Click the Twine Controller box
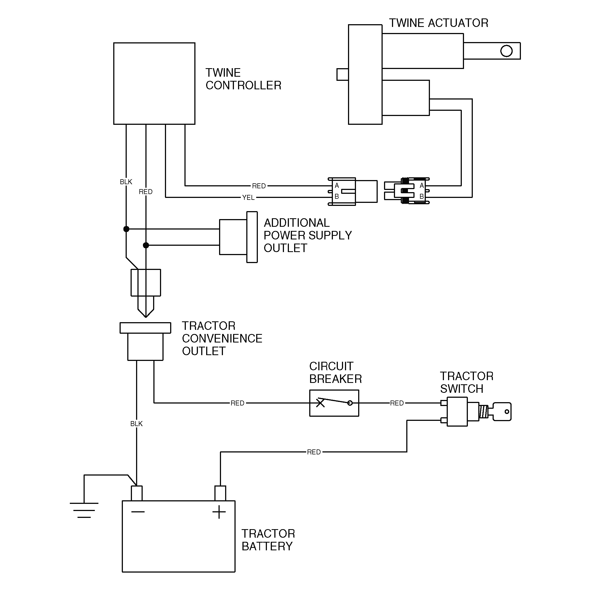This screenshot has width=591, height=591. coord(154,83)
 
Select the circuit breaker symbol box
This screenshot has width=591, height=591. coord(334,403)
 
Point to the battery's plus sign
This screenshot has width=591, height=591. coord(219,512)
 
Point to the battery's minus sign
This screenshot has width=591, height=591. coord(138,512)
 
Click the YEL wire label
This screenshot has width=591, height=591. coord(248,198)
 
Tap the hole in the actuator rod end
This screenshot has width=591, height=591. coord(506,51)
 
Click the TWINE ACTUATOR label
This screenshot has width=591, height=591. coord(438,23)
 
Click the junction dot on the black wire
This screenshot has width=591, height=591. coord(126,229)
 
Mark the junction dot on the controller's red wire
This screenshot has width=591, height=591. coord(146,245)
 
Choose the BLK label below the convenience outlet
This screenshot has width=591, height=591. coord(136,424)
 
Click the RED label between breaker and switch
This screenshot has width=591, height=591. coord(397,403)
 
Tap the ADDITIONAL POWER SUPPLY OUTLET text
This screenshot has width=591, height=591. coord(307,235)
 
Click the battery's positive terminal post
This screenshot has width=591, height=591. coord(220,493)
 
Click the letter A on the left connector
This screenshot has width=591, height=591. coord(337,185)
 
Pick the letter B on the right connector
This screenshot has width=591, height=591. coord(421,196)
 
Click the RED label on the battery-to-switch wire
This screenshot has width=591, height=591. coord(314,452)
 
